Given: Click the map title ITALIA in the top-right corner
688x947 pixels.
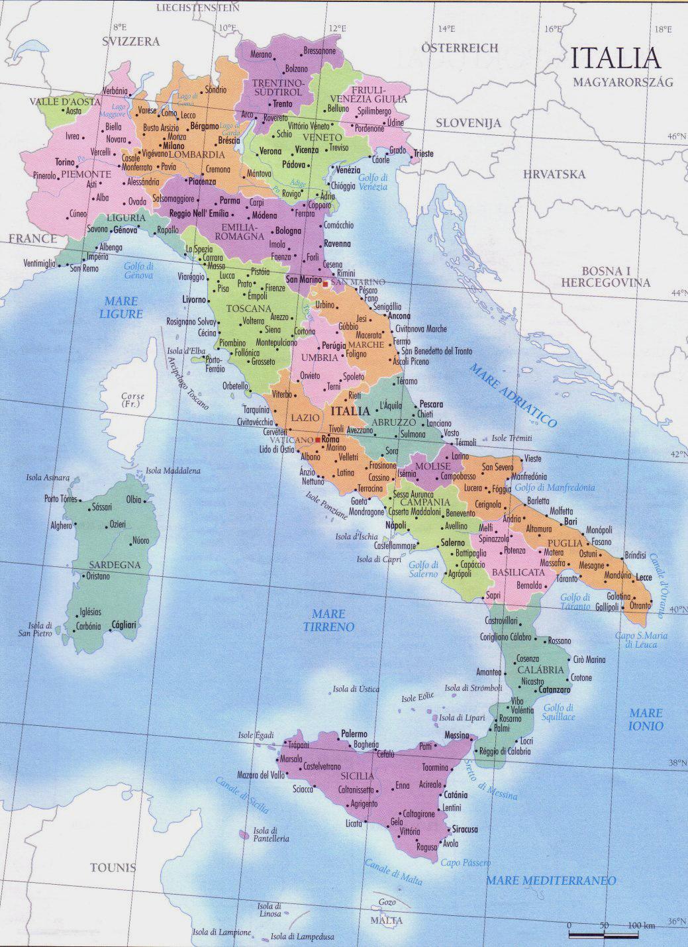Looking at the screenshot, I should [616, 58].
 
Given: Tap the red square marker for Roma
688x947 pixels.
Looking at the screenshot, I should [318, 440].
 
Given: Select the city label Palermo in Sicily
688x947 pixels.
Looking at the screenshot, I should [354, 734].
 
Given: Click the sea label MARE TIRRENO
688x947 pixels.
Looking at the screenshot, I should [329, 620].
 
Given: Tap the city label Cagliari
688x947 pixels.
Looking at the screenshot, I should [124, 624].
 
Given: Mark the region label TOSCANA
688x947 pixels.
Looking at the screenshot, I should [248, 309].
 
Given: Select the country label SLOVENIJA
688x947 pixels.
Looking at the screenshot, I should [468, 123].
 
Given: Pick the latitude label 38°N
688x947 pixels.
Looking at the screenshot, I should [675, 763].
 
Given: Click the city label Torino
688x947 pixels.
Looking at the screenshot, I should [65, 162].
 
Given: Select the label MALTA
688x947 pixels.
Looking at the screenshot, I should [387, 921].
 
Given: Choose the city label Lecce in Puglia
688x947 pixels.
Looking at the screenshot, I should [644, 578].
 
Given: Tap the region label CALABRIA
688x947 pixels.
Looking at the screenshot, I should [542, 670].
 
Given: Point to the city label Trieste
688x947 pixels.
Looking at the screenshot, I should [423, 154].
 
